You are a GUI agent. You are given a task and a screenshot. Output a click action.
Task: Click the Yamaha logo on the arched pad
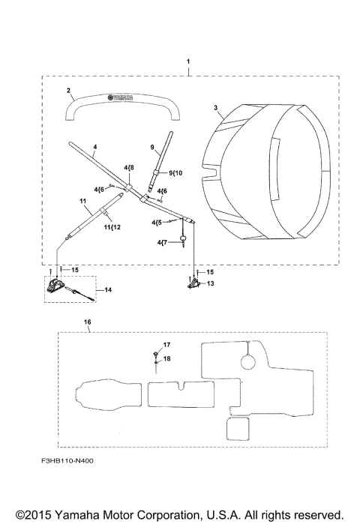click(120, 97)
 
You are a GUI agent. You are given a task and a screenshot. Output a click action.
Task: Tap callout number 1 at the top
click(188, 61)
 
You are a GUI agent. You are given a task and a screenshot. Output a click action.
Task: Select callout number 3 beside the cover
click(215, 108)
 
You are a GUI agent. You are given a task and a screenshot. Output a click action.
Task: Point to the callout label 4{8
click(129, 167)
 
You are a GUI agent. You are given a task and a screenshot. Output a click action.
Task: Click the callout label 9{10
click(175, 172)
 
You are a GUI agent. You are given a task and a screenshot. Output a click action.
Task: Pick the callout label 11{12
click(112, 227)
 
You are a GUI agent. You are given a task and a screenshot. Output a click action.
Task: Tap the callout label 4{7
click(162, 242)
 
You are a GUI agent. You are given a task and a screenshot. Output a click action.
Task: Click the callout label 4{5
click(157, 222)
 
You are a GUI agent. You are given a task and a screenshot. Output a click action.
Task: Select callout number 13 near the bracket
click(210, 283)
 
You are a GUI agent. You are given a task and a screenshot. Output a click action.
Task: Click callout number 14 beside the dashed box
click(108, 290)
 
